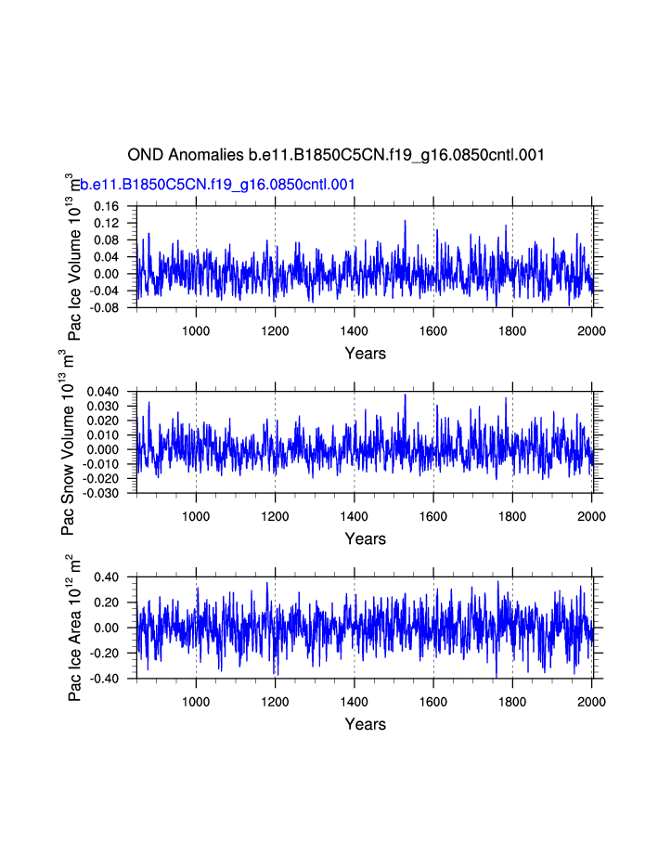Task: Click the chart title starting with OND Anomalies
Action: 335,154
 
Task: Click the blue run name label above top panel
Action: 218,185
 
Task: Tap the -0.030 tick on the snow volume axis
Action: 102,493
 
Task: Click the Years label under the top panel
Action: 365,353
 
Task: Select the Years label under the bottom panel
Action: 365,724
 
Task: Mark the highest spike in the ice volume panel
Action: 405,221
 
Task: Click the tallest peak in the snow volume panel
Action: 405,395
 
